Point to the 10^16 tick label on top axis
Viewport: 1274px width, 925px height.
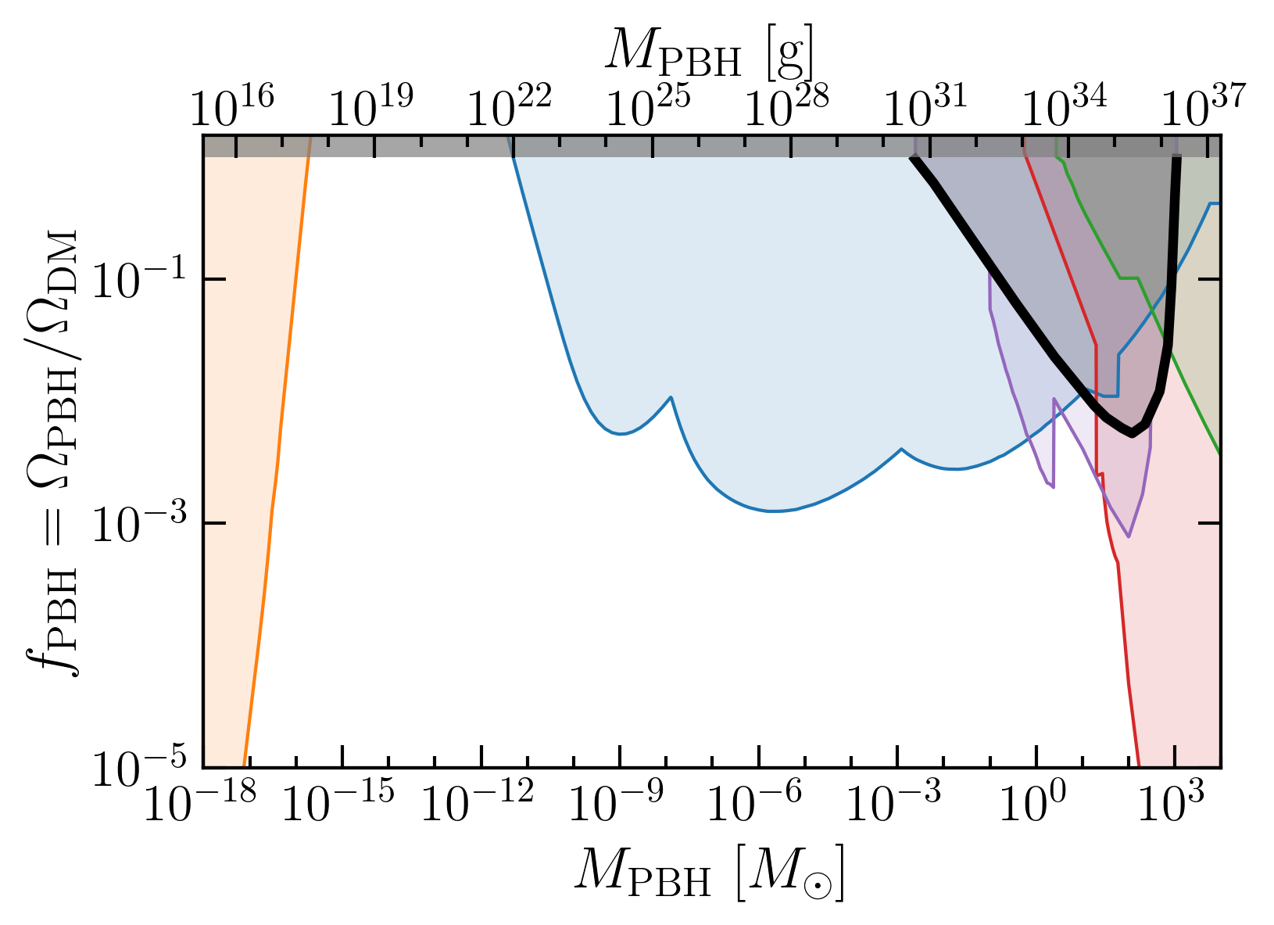(232, 106)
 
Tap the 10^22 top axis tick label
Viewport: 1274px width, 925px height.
(510, 106)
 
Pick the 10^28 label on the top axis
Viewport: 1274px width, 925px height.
(787, 106)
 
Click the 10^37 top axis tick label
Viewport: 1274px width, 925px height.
(1204, 106)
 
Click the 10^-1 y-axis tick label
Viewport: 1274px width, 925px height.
(139, 279)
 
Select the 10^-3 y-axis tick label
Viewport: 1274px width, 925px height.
(139, 522)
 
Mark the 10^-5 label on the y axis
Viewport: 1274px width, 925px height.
(139, 767)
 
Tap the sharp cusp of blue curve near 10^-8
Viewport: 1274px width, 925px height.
(671, 397)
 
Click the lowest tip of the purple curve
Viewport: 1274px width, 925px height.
(1129, 536)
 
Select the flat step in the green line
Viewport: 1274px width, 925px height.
(1129, 278)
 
